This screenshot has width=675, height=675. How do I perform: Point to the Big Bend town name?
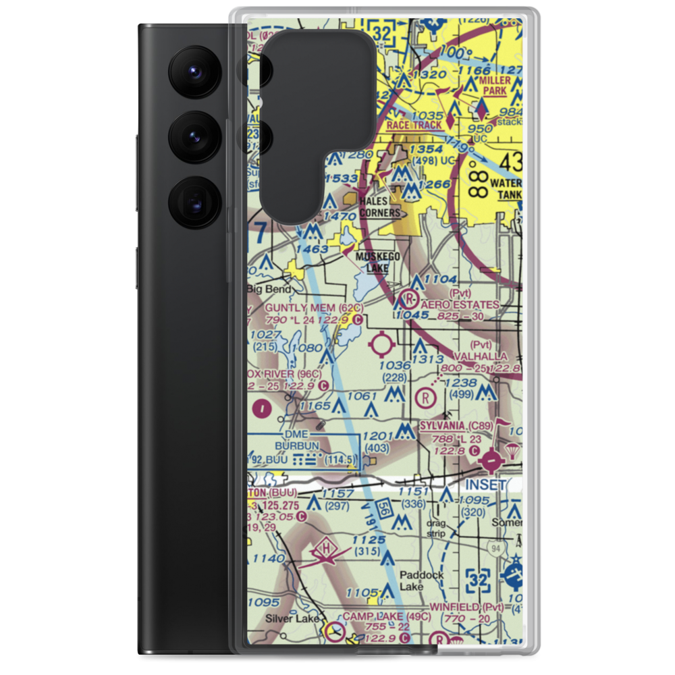tap(269, 290)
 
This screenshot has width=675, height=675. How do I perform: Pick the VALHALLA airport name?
tap(480, 356)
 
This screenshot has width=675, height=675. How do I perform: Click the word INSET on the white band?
tap(484, 485)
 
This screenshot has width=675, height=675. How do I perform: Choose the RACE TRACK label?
tap(414, 125)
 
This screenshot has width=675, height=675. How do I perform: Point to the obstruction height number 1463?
tap(310, 250)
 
